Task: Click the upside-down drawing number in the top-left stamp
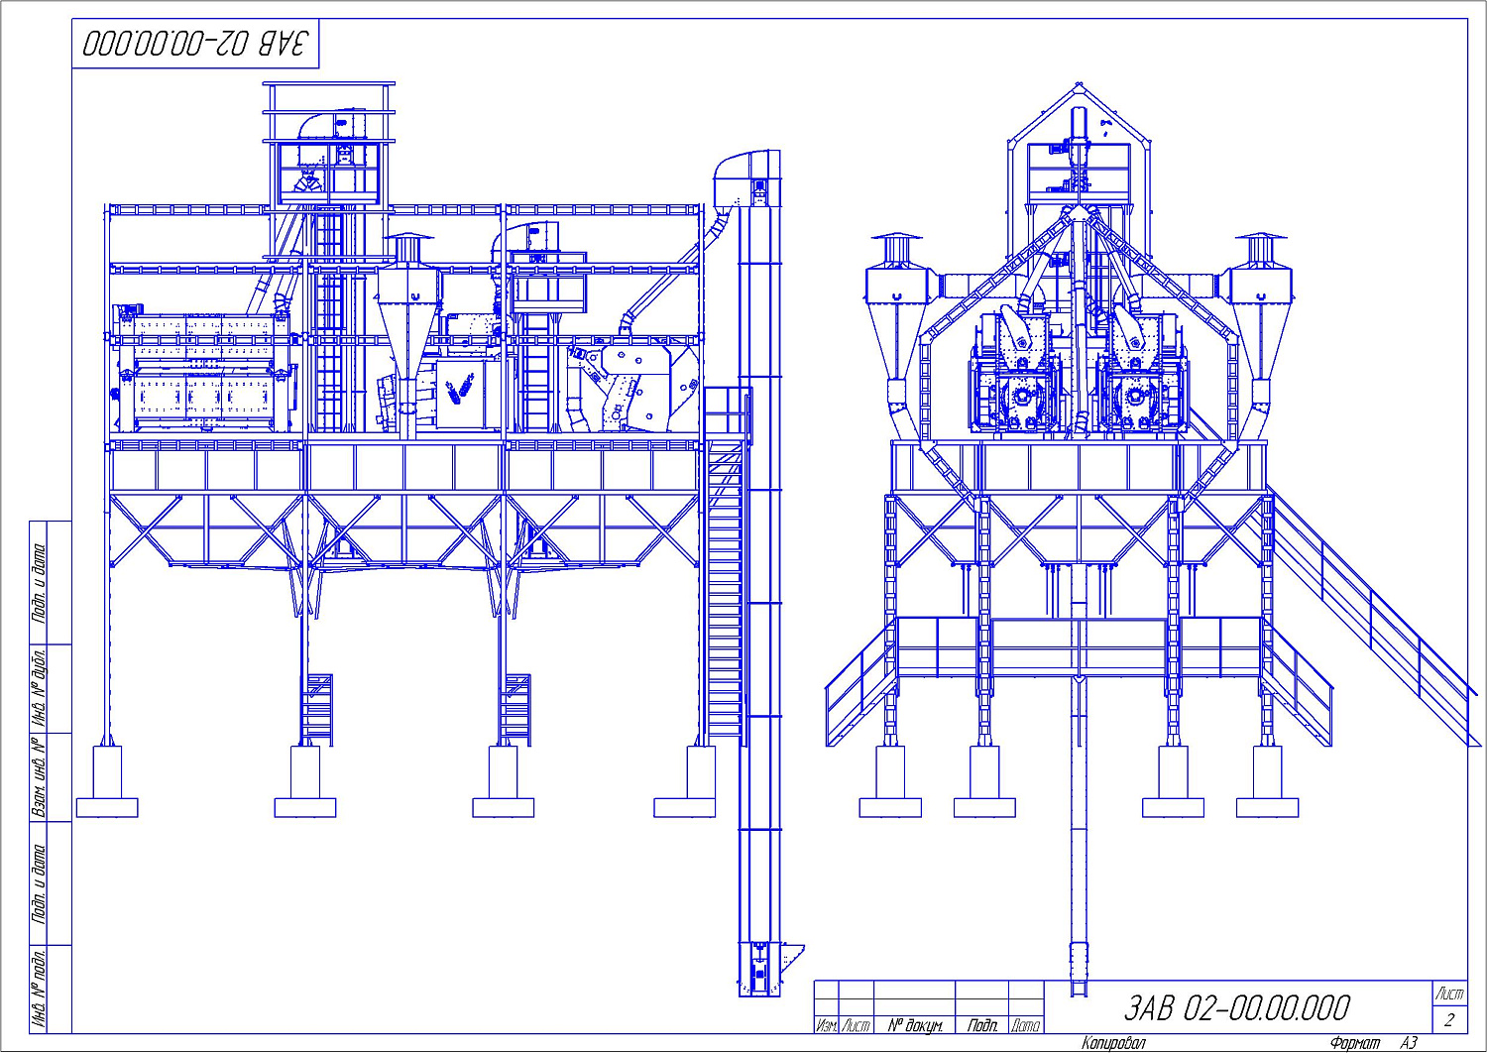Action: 195,44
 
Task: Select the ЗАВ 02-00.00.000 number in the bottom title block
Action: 1236,1008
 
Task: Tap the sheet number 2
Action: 1449,1020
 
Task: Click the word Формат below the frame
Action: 1355,1043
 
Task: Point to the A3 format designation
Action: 1409,1043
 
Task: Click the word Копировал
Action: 1113,1043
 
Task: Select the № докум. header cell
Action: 914,1025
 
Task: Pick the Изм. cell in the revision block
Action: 826,1025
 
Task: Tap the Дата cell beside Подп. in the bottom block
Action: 1026,1025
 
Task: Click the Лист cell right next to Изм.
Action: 856,1025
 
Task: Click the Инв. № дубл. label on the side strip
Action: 40,688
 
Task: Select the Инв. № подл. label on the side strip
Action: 40,989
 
